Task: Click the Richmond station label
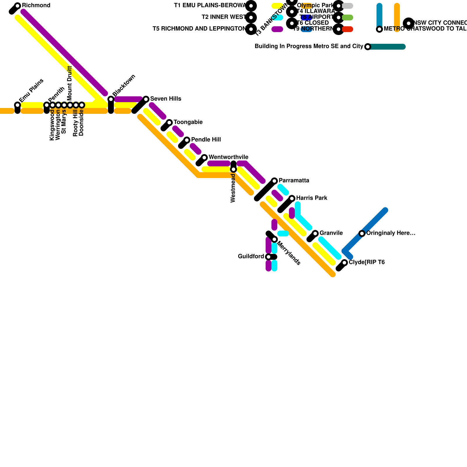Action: [36, 6]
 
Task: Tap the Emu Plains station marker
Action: [18, 105]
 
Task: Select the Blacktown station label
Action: [124, 85]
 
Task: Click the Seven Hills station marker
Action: [146, 99]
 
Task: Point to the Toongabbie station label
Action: [188, 122]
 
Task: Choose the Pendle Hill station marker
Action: [187, 140]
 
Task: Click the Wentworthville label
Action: [228, 157]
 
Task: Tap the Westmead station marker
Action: [233, 169]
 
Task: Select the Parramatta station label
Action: [294, 181]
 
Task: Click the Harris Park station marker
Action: [292, 198]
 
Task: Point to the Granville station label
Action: [331, 233]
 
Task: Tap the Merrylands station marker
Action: [274, 239]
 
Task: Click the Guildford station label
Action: [251, 257]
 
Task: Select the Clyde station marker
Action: [344, 263]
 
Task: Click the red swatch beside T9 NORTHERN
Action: [347, 29]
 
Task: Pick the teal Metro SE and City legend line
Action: [387, 47]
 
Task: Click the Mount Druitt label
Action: [69, 83]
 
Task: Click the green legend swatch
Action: [347, 18]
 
